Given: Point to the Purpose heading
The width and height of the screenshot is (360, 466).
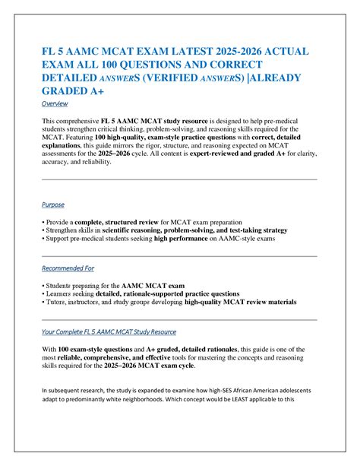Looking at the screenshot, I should coord(53,204).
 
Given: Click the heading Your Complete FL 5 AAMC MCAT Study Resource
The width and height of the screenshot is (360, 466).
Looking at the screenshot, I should coord(109,331).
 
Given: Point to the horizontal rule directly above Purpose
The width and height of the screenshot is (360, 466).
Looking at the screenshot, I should coord(179,179).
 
